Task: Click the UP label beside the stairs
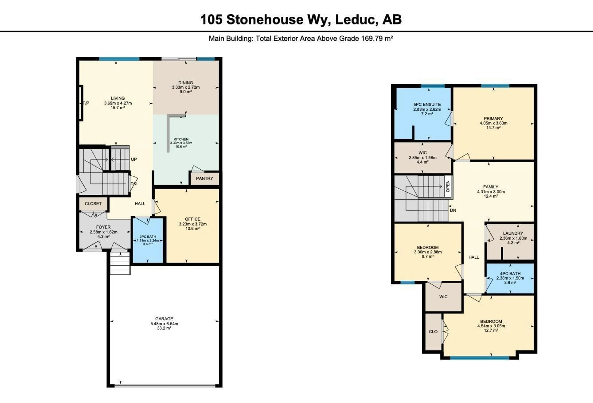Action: pyautogui.click(x=134, y=159)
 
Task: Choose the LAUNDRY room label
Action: pyautogui.click(x=513, y=233)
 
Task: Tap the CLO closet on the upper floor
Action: pyautogui.click(x=433, y=332)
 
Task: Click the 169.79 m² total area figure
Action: pyautogui.click(x=377, y=38)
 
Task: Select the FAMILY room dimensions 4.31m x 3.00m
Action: pyautogui.click(x=491, y=192)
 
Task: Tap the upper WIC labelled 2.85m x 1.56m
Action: pyautogui.click(x=422, y=158)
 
